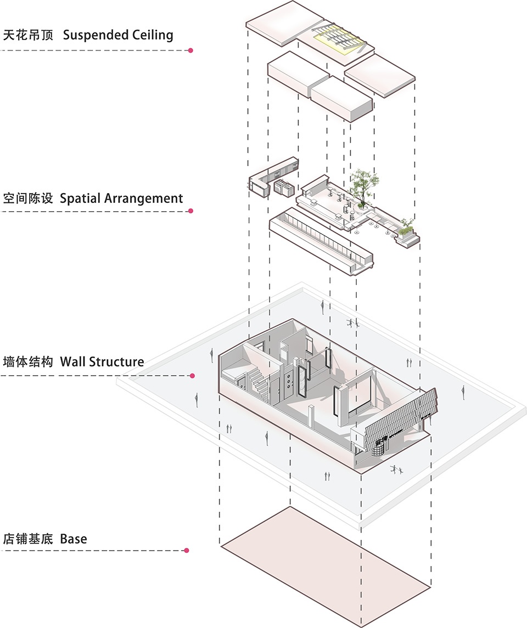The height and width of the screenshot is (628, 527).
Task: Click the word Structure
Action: [116, 361]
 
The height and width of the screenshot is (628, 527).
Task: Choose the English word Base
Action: [74, 539]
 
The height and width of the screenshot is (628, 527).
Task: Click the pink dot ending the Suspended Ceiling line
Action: [190, 50]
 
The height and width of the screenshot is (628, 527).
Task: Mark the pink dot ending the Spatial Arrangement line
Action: [190, 211]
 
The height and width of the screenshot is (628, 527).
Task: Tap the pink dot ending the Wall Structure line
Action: [192, 376]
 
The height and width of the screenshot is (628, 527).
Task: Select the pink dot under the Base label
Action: [187, 550]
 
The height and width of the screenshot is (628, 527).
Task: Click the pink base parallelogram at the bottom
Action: [325, 565]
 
